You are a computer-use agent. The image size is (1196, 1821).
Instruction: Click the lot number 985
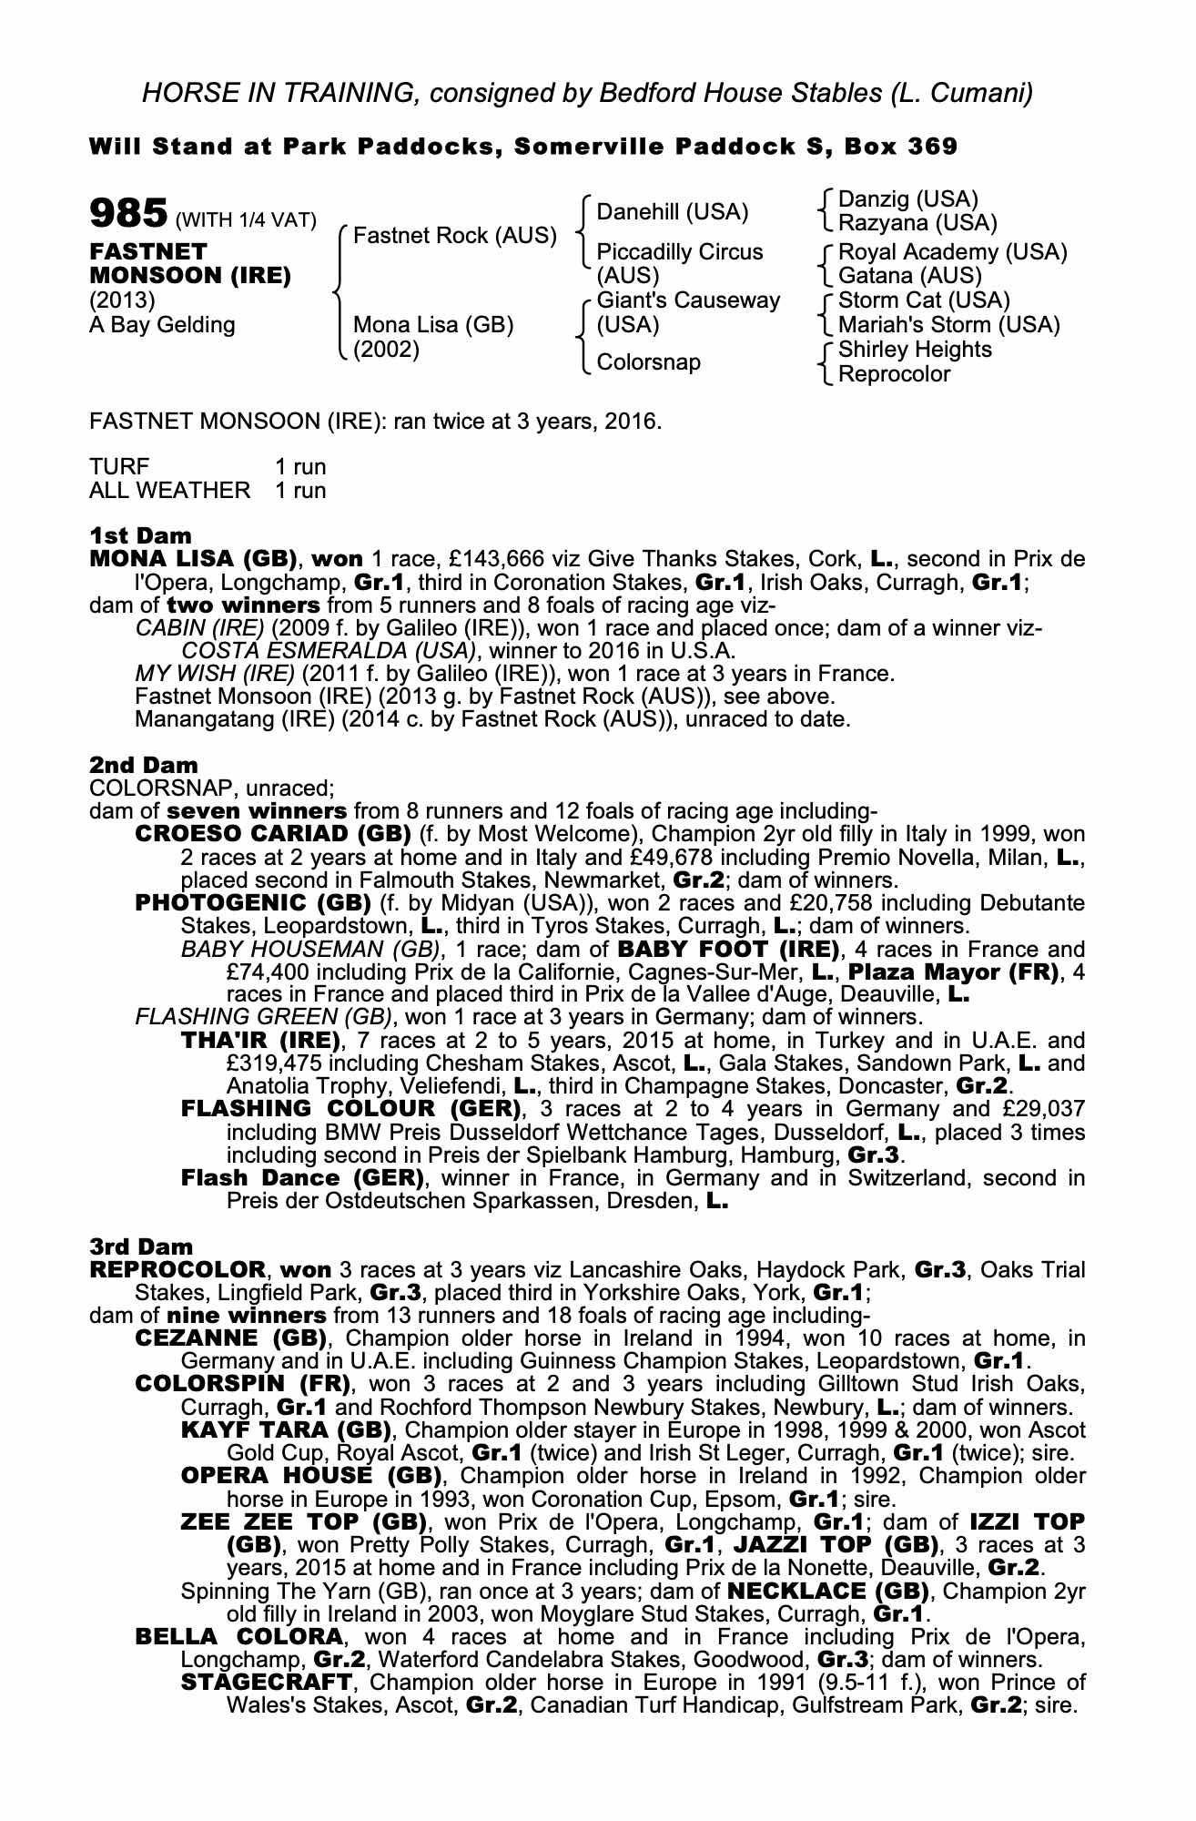tap(127, 214)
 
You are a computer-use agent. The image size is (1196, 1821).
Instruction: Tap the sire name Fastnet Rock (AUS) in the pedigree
tap(454, 236)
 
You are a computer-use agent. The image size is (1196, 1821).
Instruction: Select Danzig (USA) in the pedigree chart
tap(907, 198)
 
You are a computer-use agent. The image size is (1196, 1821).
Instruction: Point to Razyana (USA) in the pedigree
tap(917, 222)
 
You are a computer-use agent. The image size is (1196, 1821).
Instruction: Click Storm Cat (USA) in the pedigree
tap(924, 300)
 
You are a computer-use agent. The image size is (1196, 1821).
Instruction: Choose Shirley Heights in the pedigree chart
tap(915, 350)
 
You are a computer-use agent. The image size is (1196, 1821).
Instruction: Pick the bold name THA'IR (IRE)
tap(260, 1041)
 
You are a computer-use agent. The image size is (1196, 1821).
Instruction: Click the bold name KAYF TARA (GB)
tap(286, 1430)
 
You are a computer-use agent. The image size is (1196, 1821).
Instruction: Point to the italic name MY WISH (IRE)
tap(214, 674)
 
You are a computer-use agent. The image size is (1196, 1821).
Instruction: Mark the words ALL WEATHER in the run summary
tap(169, 491)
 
